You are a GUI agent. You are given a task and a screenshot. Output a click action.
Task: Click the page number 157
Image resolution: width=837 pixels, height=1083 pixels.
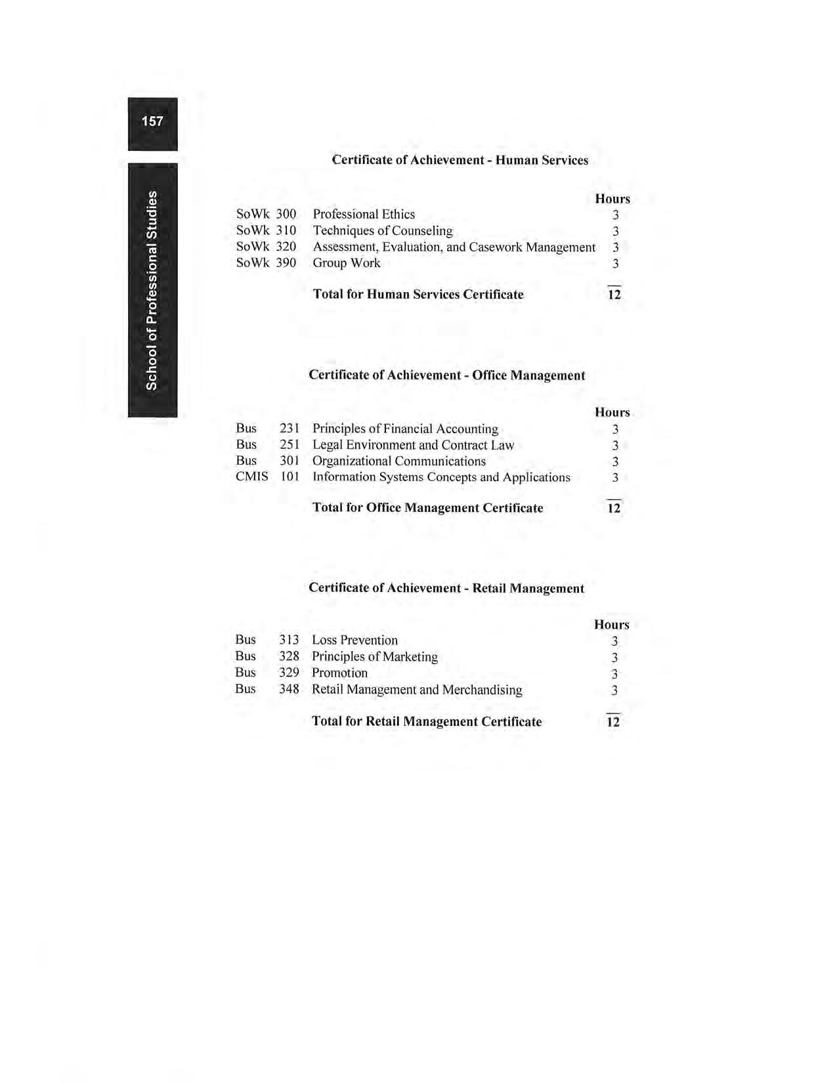coord(152,121)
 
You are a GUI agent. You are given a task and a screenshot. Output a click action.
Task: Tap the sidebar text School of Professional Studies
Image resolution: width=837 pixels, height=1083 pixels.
coord(152,290)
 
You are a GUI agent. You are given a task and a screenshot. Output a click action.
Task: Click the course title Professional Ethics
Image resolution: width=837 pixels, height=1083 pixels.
coord(364,215)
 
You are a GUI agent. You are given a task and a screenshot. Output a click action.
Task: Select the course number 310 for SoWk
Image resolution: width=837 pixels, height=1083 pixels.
coord(286,231)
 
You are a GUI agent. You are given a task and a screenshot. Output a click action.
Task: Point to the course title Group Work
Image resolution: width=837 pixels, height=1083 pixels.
coord(347,263)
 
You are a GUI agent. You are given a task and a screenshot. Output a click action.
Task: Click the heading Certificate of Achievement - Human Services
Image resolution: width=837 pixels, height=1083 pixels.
coord(460,160)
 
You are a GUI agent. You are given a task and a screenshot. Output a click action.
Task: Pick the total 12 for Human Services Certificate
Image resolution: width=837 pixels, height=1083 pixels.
coord(614,295)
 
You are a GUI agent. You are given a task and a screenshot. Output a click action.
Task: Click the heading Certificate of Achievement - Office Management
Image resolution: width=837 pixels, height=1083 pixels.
coord(446,375)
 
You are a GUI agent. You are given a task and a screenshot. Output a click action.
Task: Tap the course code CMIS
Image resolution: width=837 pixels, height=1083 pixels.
coord(251,477)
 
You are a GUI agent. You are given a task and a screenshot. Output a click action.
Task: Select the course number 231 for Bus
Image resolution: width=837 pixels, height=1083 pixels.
coord(290,429)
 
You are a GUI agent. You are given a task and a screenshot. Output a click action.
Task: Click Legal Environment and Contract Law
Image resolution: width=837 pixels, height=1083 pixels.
coord(413,445)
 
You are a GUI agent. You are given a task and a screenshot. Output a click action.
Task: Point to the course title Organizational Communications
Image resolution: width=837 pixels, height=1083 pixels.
coord(399,461)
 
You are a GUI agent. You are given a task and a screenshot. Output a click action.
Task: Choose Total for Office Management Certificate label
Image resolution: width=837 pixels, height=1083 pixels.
coord(427,508)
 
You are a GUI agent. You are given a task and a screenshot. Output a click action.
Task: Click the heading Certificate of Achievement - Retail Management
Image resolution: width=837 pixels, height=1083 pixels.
coord(446,588)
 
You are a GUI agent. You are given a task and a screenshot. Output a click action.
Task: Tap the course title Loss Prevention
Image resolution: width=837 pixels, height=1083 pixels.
coord(354,641)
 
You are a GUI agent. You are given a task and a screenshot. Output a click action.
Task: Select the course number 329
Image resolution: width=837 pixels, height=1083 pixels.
coord(289,673)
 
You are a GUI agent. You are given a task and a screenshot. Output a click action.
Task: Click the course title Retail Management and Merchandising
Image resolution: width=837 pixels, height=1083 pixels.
coord(417,690)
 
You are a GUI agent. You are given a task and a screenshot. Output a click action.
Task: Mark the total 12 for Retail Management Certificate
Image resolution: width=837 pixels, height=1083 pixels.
coord(613,722)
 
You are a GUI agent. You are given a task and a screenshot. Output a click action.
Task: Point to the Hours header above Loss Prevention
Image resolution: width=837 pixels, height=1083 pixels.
coord(611,625)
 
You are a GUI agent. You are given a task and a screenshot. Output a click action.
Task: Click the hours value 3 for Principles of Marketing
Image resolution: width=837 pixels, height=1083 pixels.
coord(614,658)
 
